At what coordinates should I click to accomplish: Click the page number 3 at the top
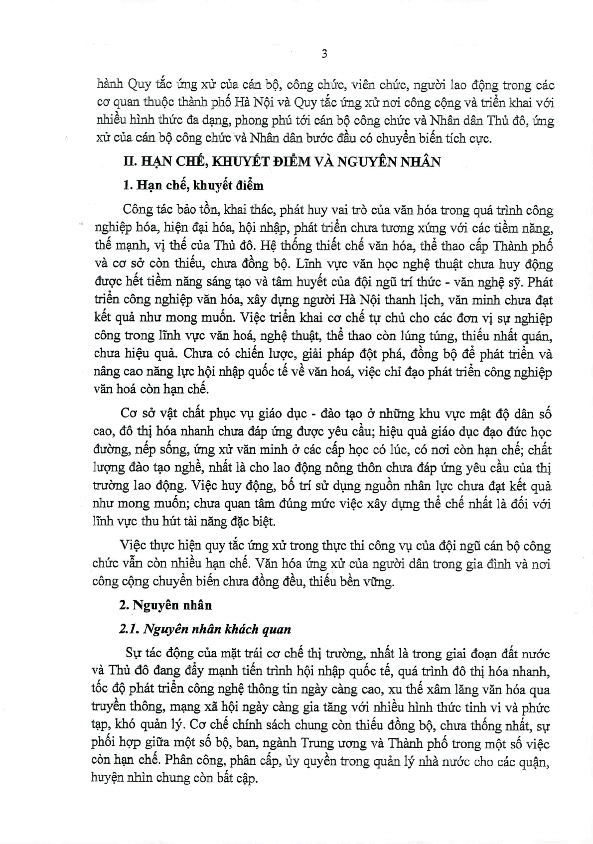324,54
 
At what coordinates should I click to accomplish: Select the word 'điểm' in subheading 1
246,186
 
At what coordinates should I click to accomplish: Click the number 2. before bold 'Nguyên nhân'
124,605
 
